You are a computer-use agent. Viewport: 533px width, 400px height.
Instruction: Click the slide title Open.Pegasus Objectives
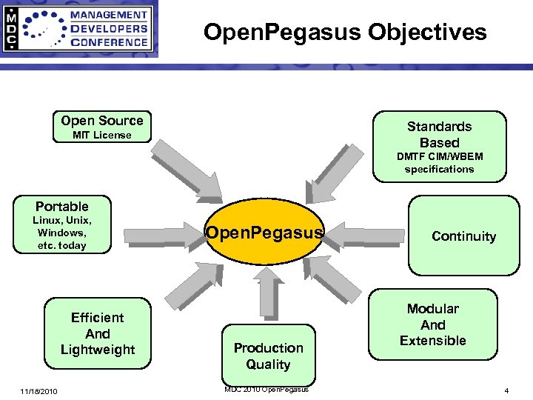[x=345, y=33]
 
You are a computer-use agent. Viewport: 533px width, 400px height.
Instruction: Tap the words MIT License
[x=102, y=136]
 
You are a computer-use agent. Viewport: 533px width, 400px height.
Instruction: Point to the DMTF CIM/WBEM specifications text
[x=440, y=163]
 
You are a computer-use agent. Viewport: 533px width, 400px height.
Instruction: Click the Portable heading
[x=62, y=207]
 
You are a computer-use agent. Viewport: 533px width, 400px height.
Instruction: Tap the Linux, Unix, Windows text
[x=62, y=233]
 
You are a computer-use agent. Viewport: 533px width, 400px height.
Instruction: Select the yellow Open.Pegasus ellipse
[x=264, y=233]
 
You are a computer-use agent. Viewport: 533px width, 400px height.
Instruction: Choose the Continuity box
[x=463, y=236]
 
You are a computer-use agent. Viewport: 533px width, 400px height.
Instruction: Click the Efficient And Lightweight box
[x=98, y=333]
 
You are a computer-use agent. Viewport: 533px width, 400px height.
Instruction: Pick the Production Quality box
[x=268, y=356]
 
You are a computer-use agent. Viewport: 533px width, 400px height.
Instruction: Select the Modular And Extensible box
[x=433, y=324]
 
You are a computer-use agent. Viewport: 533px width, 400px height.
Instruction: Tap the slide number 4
[x=506, y=390]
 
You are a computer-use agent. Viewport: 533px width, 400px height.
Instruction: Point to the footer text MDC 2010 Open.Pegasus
[x=267, y=389]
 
